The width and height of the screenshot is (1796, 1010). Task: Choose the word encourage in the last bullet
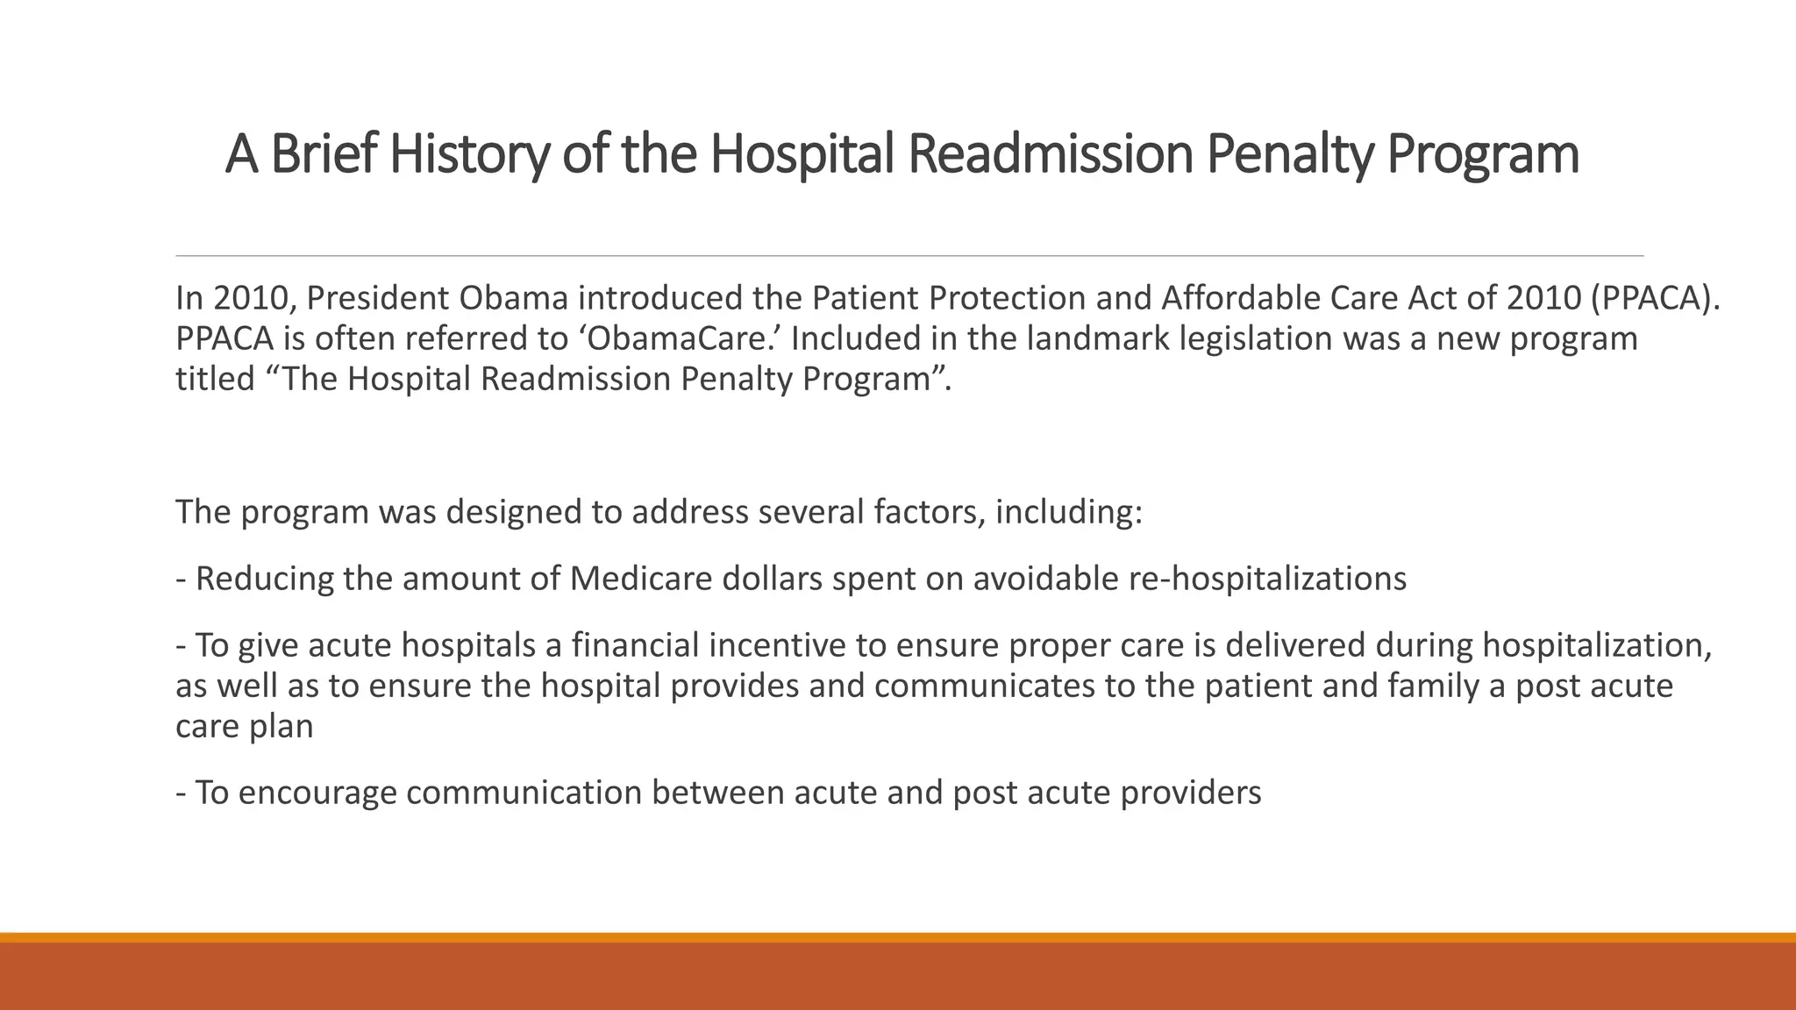tap(317, 793)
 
